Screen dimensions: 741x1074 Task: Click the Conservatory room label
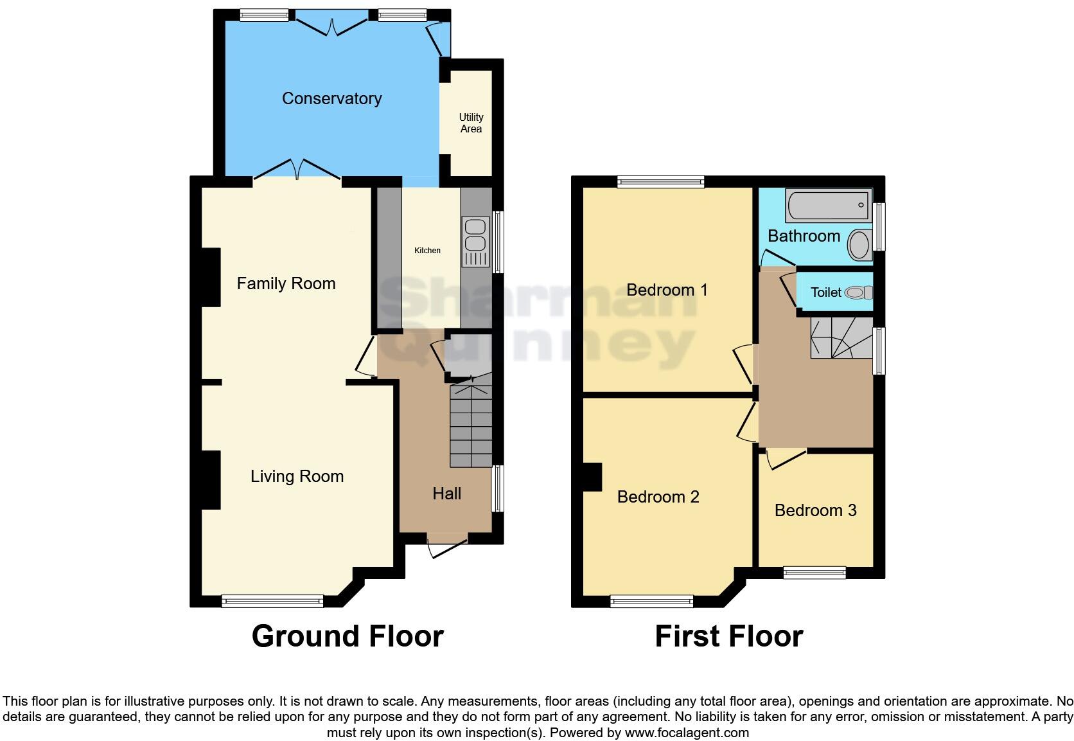tap(331, 98)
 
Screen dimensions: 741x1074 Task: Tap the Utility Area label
tap(471, 123)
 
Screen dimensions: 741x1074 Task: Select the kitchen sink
tap(475, 235)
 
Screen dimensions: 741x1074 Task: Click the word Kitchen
tap(427, 250)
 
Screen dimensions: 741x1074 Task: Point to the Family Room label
tap(286, 283)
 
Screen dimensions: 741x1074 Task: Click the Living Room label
tap(297, 476)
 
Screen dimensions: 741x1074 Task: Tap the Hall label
tap(446, 494)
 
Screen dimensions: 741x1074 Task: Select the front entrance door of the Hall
tap(447, 546)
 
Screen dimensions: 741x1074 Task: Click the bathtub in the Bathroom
tap(828, 206)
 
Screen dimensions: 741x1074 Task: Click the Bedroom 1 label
tap(667, 290)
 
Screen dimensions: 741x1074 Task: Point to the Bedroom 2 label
tap(658, 497)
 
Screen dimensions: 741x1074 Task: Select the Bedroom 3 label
tap(815, 510)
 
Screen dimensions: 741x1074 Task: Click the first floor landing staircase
tap(840, 338)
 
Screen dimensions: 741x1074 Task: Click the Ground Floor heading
tap(348, 636)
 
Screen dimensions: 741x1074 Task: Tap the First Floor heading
tap(728, 636)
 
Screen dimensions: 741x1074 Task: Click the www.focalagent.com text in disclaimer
tap(687, 733)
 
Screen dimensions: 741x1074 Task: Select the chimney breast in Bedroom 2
tap(592, 478)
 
